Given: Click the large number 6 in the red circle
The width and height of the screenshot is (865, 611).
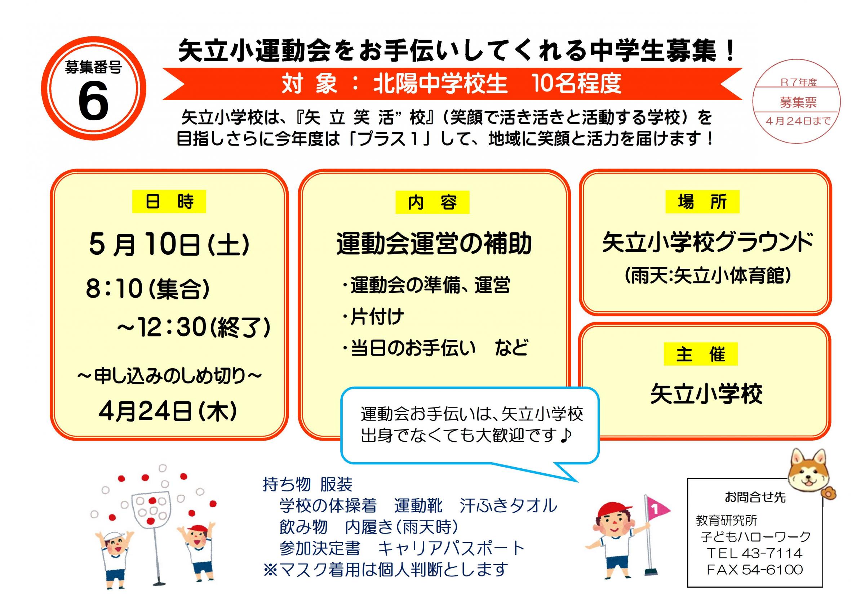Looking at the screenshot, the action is click(x=93, y=101).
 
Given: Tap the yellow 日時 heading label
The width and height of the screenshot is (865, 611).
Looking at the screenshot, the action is click(x=169, y=202).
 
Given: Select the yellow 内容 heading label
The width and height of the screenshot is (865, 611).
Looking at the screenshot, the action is click(x=432, y=202).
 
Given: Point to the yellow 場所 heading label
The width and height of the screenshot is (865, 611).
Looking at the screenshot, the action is click(x=702, y=202).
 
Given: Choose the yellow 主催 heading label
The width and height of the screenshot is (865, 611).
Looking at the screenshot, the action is click(x=701, y=354).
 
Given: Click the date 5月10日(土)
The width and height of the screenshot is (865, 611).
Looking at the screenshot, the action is click(x=169, y=245).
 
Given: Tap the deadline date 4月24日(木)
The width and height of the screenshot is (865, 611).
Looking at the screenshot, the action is click(x=168, y=411).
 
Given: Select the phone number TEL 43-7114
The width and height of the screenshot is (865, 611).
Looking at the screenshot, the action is click(x=755, y=553).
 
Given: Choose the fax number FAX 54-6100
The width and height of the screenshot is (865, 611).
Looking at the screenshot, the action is click(x=755, y=570).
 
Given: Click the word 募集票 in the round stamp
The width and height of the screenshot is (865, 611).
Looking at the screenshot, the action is click(x=798, y=102).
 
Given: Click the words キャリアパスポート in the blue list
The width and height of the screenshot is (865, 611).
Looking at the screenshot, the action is click(x=451, y=548).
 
